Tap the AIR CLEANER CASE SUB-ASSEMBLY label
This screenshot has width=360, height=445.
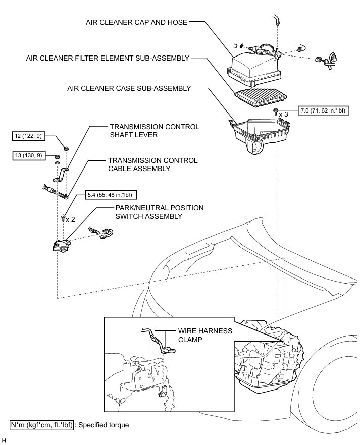129,88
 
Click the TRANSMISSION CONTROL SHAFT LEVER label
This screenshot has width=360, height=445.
154,131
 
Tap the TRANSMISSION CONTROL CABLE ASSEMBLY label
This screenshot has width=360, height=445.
153,164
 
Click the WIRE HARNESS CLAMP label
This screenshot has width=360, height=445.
204,335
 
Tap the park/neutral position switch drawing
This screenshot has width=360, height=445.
62,245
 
